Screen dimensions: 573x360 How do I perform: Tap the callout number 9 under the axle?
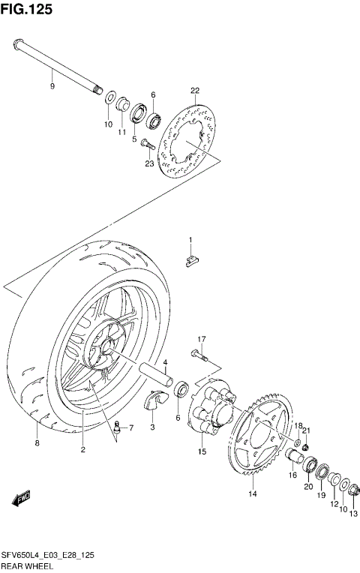coord(52,87)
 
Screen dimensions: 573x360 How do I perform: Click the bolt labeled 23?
coord(146,145)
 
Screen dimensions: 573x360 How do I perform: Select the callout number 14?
coord(253,493)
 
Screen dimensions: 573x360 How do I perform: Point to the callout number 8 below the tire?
coord(37,443)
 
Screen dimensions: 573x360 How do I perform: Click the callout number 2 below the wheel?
coord(82,450)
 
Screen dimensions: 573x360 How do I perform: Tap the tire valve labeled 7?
coord(117,428)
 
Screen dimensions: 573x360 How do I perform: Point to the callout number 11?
coord(121,132)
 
